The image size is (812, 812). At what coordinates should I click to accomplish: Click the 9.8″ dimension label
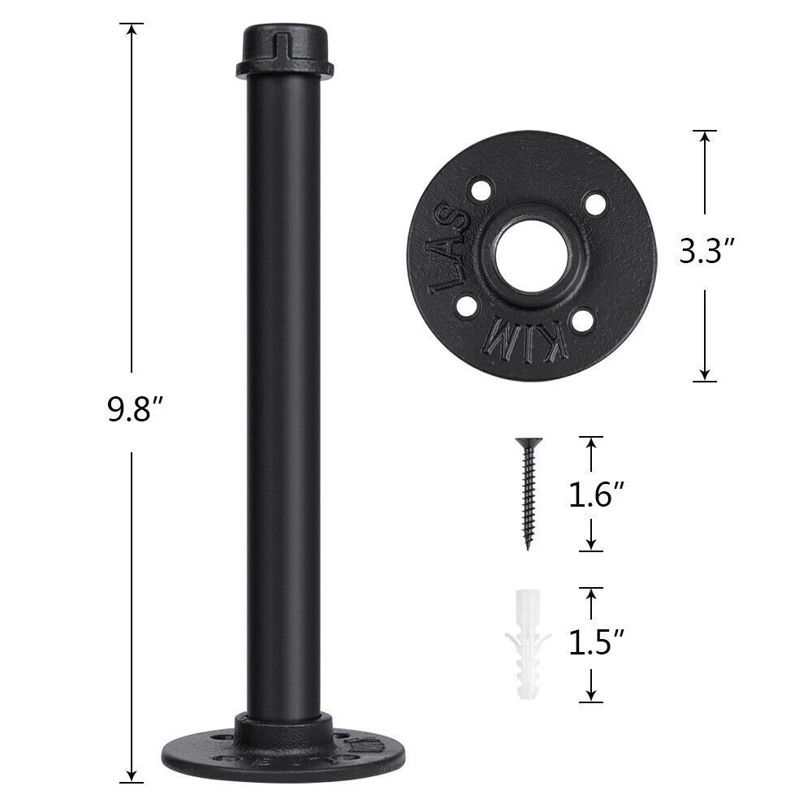pos(129,409)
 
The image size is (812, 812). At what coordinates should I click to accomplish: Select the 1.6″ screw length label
pos(597,495)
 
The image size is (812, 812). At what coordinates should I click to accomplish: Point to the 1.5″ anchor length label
pos(597,642)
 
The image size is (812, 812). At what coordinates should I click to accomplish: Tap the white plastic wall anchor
pos(528,644)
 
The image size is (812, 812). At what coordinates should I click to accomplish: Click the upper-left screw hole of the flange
pos(481,189)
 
